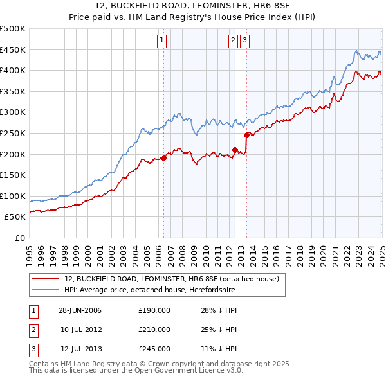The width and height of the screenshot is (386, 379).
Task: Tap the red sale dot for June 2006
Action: point(163,158)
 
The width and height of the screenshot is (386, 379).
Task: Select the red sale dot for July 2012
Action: point(235,150)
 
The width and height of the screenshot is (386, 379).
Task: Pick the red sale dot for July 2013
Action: point(246,135)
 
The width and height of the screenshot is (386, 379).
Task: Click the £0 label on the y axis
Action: point(19,238)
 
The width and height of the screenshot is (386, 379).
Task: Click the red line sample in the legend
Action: point(45,279)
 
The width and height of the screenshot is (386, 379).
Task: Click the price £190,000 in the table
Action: point(154,310)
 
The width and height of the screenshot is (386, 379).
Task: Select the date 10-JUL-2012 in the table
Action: point(80,330)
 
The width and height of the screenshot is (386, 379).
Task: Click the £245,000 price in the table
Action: point(154,349)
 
